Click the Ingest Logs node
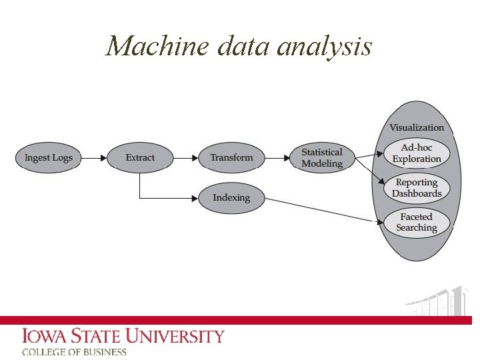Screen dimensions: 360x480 click(x=48, y=158)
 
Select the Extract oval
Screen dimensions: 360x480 click(x=140, y=158)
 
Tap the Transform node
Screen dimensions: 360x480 click(x=231, y=158)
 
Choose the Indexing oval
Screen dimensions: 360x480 click(x=231, y=198)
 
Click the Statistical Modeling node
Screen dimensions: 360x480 click(x=322, y=158)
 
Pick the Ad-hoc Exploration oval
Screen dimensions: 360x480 click(x=417, y=153)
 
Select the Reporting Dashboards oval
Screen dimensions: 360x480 click(x=417, y=188)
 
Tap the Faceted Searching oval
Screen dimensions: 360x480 click(x=417, y=222)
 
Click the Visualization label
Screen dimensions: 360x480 click(x=417, y=127)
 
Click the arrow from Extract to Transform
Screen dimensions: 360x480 click(x=186, y=158)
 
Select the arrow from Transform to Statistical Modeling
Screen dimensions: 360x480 click(x=277, y=158)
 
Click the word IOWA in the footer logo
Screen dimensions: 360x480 click(x=46, y=336)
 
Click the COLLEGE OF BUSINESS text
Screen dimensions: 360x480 click(x=74, y=352)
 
